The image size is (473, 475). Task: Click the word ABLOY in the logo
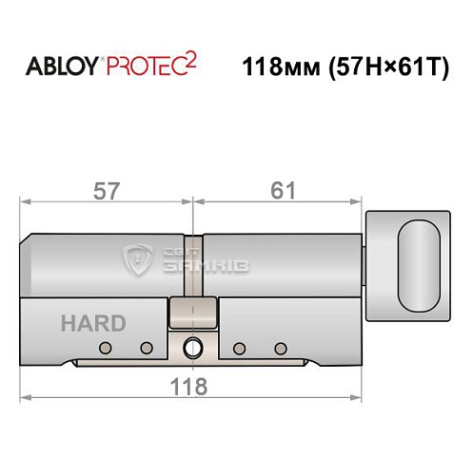click(x=58, y=68)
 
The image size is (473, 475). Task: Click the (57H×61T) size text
click(x=388, y=68)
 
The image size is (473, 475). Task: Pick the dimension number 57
click(x=108, y=190)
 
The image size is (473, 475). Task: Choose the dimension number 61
click(x=280, y=190)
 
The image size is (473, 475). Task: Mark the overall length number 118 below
click(x=193, y=387)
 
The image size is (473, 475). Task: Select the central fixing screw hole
click(x=193, y=347)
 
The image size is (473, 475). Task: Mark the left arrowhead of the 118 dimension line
click(x=26, y=398)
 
